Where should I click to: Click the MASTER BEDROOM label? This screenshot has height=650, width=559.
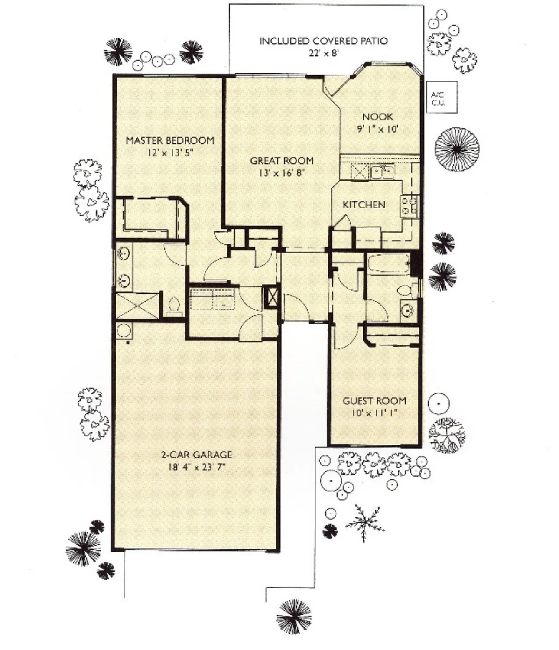pyautogui.click(x=170, y=140)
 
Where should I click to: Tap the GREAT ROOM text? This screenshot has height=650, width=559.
pyautogui.click(x=282, y=161)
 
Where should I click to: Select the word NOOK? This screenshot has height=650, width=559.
pyautogui.click(x=378, y=117)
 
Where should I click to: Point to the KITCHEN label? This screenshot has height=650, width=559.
pyautogui.click(x=364, y=205)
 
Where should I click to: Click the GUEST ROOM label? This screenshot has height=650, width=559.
pyautogui.click(x=374, y=401)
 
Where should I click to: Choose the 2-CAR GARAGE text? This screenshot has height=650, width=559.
pyautogui.click(x=196, y=455)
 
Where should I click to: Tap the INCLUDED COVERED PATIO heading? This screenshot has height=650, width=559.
pyautogui.click(x=323, y=41)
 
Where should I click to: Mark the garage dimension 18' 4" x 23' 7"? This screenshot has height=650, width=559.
pyautogui.click(x=196, y=467)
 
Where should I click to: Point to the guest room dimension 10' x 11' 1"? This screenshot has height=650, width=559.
pyautogui.click(x=374, y=413)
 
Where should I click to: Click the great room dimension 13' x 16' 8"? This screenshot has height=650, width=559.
pyautogui.click(x=282, y=173)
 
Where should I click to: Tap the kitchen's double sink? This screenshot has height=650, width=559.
pyautogui.click(x=382, y=172)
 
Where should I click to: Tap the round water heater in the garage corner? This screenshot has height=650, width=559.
pyautogui.click(x=124, y=330)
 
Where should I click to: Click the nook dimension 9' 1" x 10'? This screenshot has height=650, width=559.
pyautogui.click(x=378, y=129)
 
